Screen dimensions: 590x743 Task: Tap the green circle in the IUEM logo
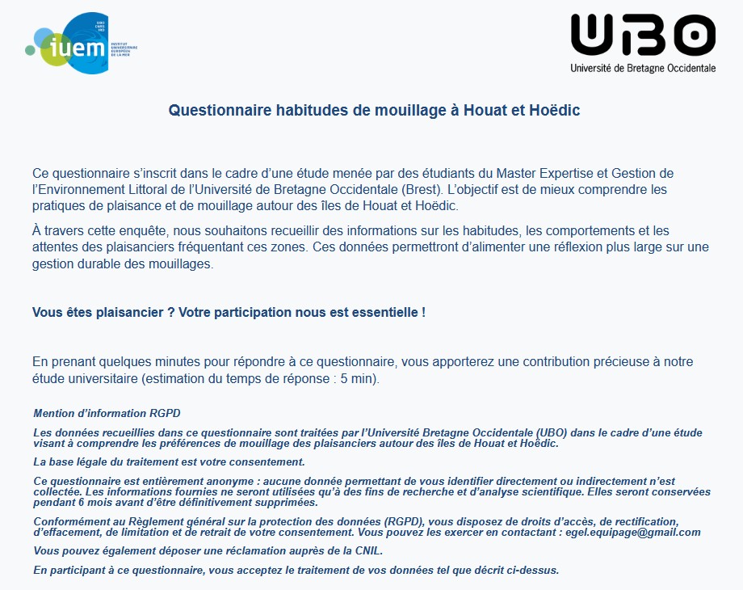coord(31,50)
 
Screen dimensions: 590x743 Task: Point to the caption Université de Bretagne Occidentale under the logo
coord(643,69)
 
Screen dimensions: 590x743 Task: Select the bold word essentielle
coord(384,312)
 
